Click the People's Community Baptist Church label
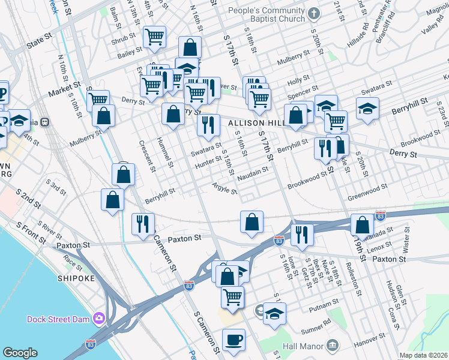pyautogui.click(x=265, y=18)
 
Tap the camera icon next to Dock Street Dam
pyautogui.click(x=98, y=317)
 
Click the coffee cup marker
pyautogui.click(x=234, y=339)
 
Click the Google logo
pyautogui.click(x=20, y=353)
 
